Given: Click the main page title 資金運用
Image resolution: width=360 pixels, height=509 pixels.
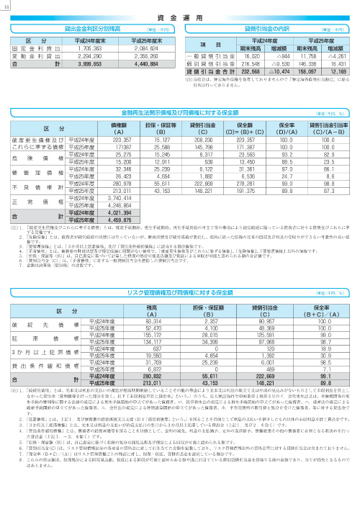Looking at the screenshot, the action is (x=180, y=14).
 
